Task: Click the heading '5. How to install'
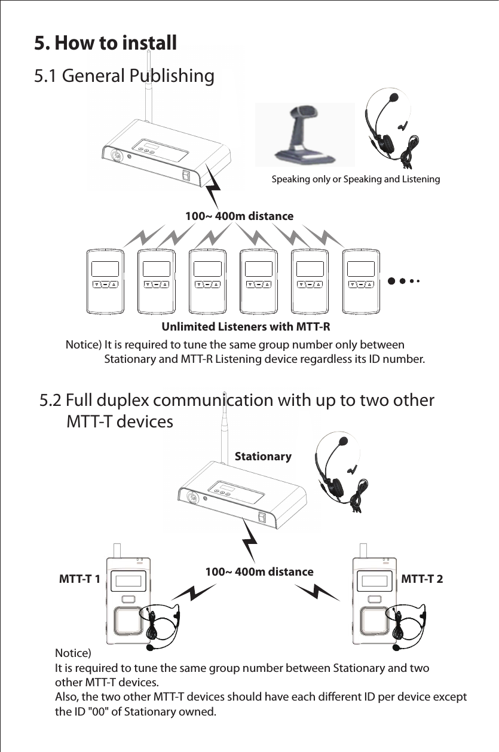point(105,43)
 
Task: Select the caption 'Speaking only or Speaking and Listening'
point(356,179)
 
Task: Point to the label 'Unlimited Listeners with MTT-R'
point(246,328)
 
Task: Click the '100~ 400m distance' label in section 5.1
point(239,215)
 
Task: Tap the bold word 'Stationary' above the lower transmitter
point(263,457)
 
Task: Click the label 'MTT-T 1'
point(79,579)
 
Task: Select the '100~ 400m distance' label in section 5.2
point(259,572)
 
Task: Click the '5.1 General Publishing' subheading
point(124,77)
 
